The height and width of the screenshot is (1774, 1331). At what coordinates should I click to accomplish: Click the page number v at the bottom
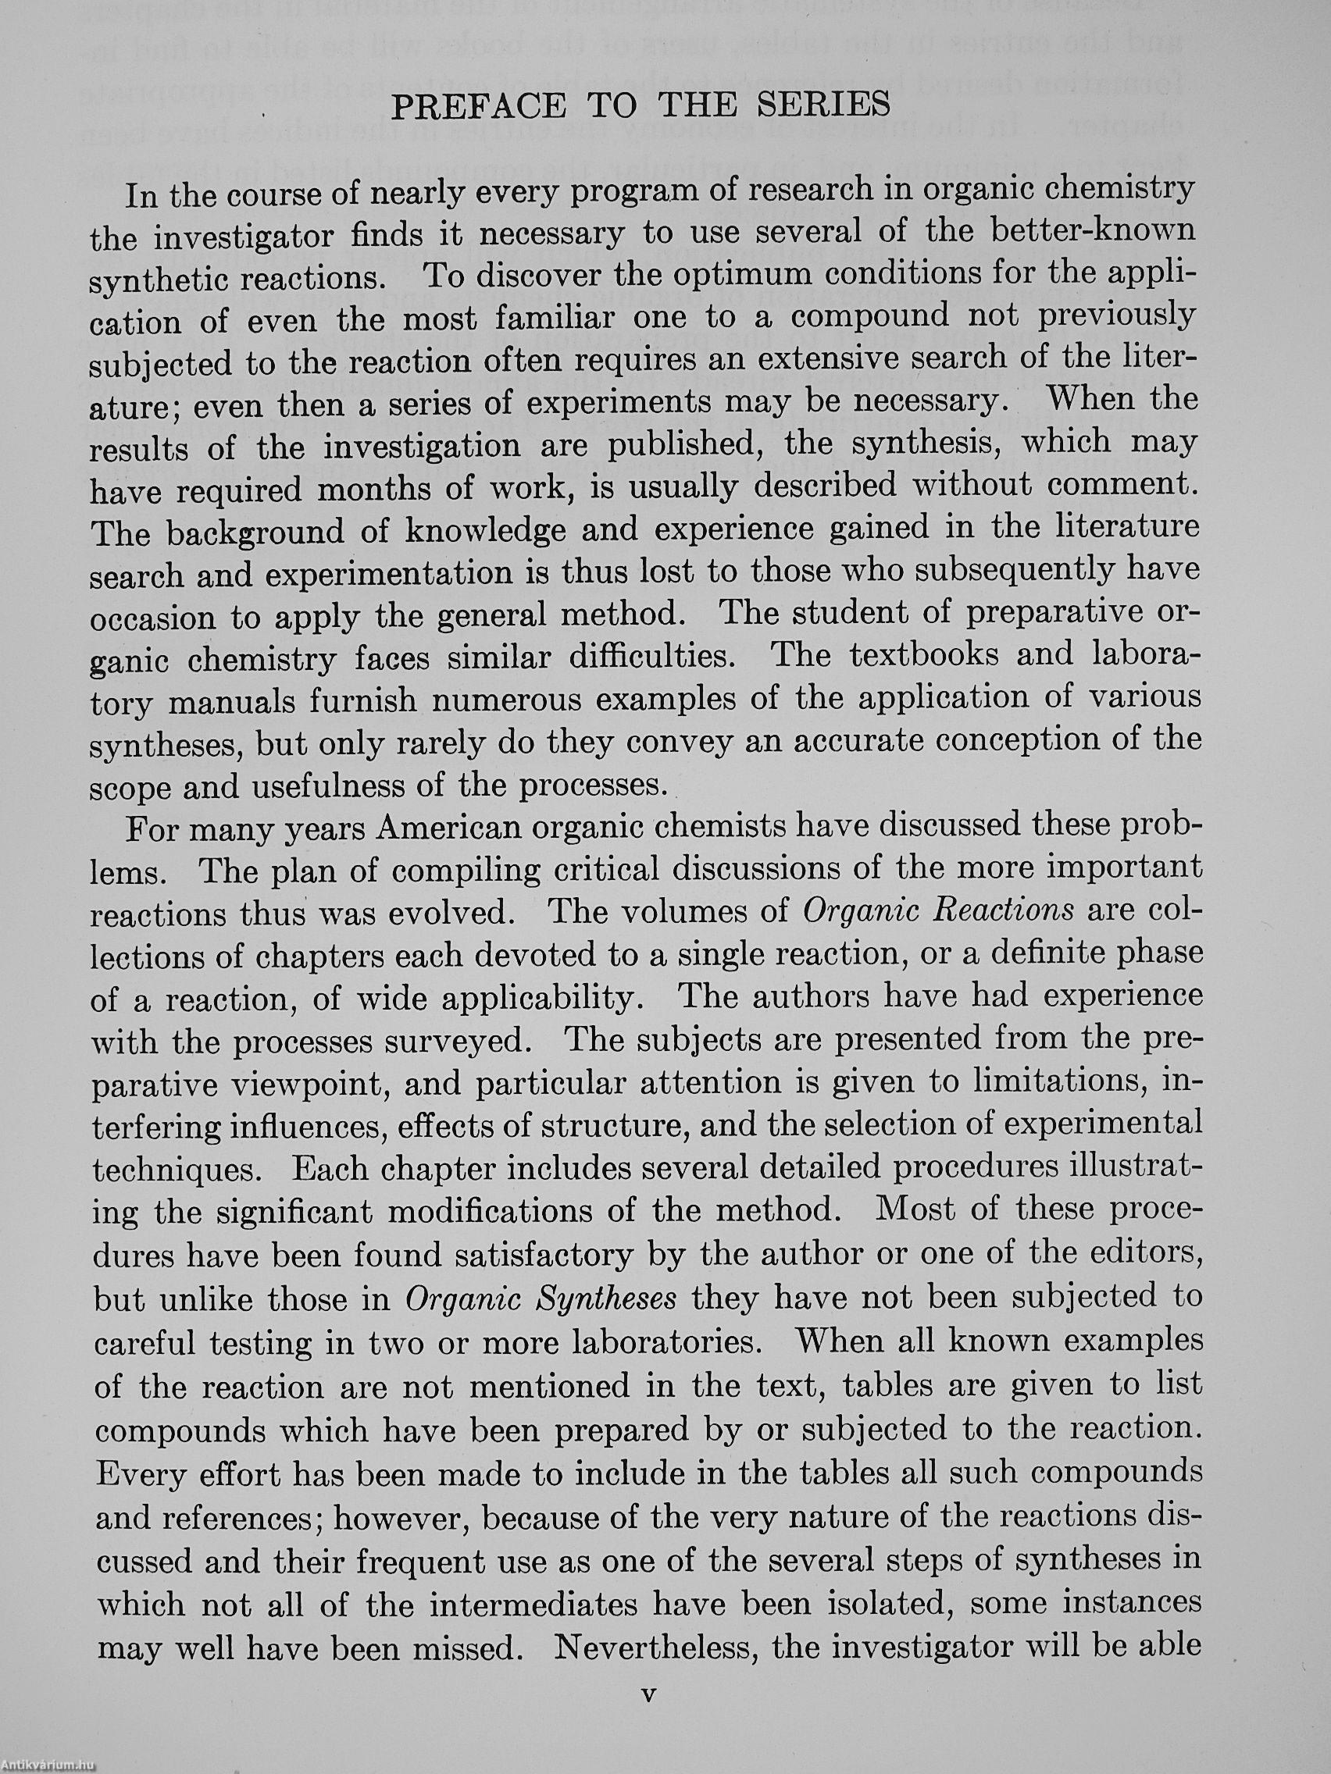pos(649,1693)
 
